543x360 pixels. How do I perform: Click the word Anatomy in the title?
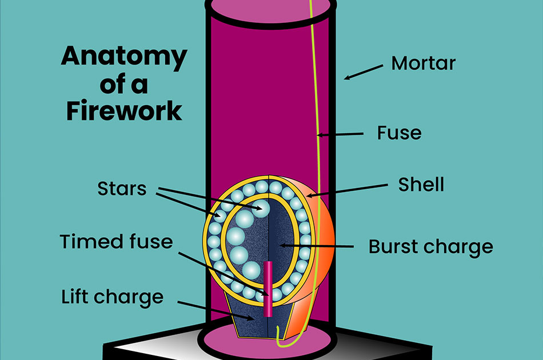(123, 57)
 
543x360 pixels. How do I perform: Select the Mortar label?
(423, 63)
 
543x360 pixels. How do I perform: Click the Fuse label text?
(399, 133)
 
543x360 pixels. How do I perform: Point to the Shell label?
(421, 184)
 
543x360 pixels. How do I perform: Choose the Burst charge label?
(430, 247)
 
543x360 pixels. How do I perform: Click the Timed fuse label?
(116, 241)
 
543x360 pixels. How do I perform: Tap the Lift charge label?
(112, 297)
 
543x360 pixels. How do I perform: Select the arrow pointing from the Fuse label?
(340, 135)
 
